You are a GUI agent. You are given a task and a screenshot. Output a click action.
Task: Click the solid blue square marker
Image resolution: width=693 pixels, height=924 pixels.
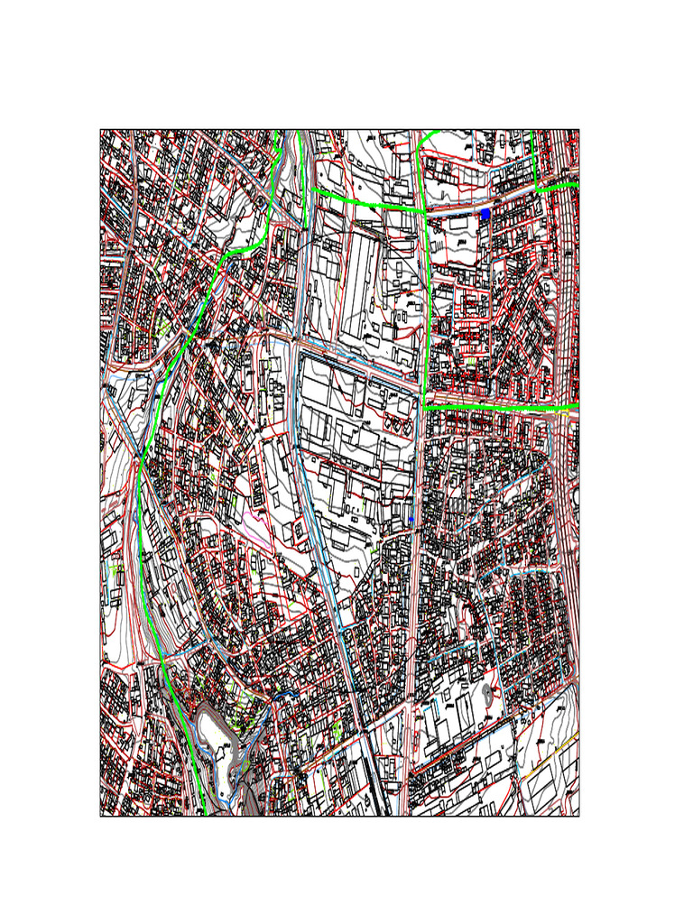click(x=485, y=214)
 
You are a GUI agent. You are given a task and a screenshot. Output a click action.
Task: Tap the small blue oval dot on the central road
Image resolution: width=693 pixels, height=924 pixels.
click(x=411, y=521)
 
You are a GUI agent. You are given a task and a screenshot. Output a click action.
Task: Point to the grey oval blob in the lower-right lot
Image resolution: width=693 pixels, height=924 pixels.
click(x=488, y=693)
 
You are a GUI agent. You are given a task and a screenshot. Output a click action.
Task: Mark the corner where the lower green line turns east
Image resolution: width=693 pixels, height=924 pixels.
click(x=425, y=408)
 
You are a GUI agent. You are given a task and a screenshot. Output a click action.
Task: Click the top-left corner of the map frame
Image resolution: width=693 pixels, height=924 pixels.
click(x=100, y=130)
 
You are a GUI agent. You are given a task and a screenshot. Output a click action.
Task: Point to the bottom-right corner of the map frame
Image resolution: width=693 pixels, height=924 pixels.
click(x=578, y=816)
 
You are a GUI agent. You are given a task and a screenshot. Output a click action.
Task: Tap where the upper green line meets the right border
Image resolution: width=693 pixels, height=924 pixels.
click(x=577, y=184)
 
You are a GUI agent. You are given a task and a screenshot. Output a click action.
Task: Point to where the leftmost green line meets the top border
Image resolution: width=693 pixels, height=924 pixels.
click(x=277, y=131)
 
